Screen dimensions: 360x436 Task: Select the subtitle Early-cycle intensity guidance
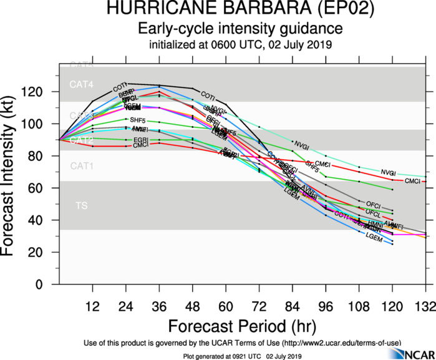click(240, 29)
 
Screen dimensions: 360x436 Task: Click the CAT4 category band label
click(81, 84)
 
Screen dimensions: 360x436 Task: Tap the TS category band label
click(82, 205)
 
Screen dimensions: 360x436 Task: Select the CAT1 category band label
click(81, 166)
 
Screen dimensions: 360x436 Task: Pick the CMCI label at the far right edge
click(413, 182)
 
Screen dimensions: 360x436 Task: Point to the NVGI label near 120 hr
click(388, 172)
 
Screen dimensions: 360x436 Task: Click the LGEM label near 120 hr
click(373, 238)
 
